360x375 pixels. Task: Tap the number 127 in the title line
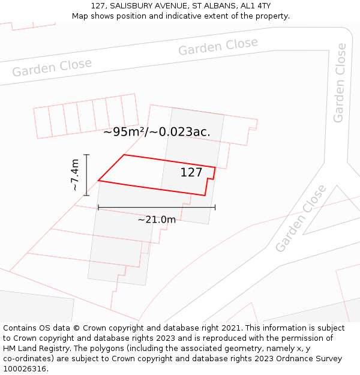click(x=99, y=5)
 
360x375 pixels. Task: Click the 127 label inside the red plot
click(x=191, y=173)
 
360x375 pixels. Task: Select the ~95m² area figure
click(x=121, y=132)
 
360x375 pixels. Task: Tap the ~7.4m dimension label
click(x=75, y=175)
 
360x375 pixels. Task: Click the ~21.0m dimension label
click(x=157, y=220)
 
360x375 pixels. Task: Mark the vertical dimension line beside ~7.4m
click(x=87, y=175)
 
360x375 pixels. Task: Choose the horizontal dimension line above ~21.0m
click(x=156, y=208)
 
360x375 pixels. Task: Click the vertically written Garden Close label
click(x=340, y=83)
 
